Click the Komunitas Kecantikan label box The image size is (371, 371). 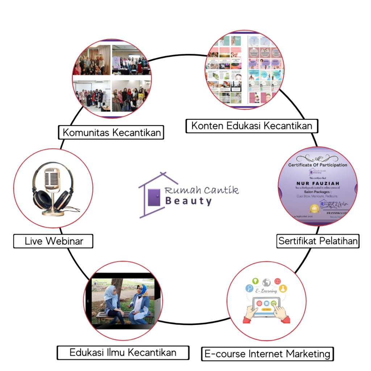point(112,132)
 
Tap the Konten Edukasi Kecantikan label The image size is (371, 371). point(251,126)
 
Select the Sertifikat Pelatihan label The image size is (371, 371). point(318,241)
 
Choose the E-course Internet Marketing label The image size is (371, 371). point(267,354)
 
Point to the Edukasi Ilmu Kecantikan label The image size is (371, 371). point(123,352)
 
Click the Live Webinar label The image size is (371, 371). point(53,241)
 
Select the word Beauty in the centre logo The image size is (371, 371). point(188,201)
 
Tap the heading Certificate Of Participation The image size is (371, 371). point(317,165)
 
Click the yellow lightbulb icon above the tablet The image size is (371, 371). point(255,281)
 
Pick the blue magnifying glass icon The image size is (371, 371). point(249,289)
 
